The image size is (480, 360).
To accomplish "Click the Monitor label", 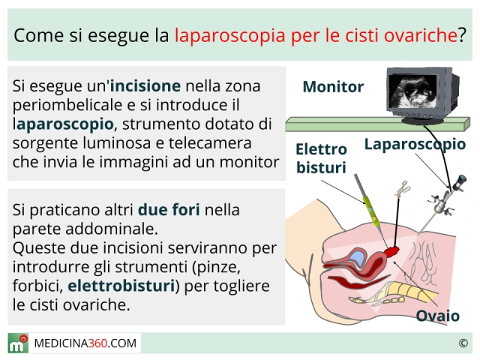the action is (x=333, y=87).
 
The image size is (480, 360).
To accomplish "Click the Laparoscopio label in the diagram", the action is (x=415, y=145).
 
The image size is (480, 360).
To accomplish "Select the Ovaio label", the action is (x=438, y=316).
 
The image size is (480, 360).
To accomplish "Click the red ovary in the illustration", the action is (x=391, y=252).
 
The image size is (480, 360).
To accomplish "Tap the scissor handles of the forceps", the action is (x=403, y=189).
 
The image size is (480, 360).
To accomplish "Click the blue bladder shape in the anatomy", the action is (x=356, y=258).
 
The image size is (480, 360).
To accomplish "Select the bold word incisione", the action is (x=145, y=86).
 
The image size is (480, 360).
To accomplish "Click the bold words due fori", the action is (x=169, y=210).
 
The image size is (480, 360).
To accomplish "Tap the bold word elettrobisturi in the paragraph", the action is (x=121, y=286).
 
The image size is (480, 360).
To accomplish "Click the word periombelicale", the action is (x=67, y=106).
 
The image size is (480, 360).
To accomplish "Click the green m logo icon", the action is (x=18, y=343).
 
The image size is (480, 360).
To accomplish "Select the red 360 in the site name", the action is (x=97, y=343).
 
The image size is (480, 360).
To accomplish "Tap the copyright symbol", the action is (x=463, y=343).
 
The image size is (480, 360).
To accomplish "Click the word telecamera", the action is (x=210, y=143).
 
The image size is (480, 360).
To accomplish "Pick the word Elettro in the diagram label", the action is (x=321, y=149).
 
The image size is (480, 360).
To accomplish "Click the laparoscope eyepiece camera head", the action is (x=460, y=182).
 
